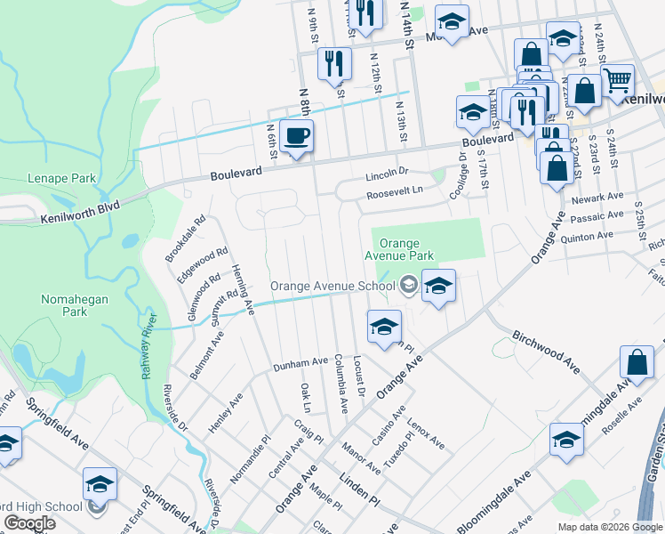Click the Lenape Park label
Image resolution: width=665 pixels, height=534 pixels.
(x=61, y=178)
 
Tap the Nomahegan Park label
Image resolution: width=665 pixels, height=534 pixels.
(x=75, y=305)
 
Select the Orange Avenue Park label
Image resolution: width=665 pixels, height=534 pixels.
(x=406, y=249)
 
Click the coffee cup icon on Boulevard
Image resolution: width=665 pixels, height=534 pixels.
(x=297, y=137)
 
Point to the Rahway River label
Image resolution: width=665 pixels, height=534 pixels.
(x=148, y=347)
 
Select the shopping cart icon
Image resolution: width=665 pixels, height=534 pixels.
(x=617, y=82)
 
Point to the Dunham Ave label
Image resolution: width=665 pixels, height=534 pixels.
(x=301, y=363)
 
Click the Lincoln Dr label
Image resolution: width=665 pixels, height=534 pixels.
(x=387, y=173)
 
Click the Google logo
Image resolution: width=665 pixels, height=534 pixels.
(x=29, y=523)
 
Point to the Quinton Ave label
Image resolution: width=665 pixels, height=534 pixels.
(x=592, y=237)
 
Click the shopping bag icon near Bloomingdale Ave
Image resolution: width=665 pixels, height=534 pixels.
(x=637, y=363)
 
